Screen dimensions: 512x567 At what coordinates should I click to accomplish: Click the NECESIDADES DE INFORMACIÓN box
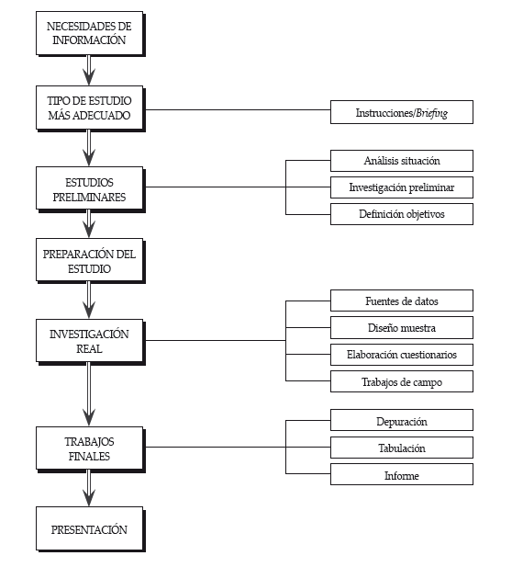[90, 33]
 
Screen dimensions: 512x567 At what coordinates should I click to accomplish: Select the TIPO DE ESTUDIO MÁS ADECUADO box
[90, 108]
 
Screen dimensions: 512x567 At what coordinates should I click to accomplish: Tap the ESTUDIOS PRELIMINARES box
[90, 188]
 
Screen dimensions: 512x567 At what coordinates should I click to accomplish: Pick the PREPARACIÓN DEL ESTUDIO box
[90, 260]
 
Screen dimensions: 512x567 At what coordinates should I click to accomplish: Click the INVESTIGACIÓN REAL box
[90, 341]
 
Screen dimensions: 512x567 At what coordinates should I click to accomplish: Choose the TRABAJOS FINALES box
[90, 448]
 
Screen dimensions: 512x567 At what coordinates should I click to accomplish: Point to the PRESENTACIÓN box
[90, 528]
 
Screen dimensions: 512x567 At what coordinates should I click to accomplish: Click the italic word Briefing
[431, 113]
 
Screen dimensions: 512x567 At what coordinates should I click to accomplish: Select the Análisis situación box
[402, 161]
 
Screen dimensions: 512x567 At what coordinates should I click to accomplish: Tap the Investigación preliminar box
[402, 187]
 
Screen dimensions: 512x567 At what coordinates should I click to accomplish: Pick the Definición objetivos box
[402, 214]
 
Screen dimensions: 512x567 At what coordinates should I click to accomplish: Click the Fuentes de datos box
[402, 301]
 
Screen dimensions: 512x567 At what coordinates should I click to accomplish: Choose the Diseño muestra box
[402, 328]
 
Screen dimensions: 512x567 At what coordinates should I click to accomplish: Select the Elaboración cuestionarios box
[402, 355]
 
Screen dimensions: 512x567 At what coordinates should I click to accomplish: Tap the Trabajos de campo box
[402, 381]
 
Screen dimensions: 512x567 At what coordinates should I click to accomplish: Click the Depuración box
[402, 420]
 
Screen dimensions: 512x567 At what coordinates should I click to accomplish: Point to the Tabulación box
[402, 448]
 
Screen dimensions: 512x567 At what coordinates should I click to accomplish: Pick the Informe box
[402, 474]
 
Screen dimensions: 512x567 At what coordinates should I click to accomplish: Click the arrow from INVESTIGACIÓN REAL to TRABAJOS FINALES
[89, 394]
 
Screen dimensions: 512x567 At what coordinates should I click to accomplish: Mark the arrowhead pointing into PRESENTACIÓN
[89, 498]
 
